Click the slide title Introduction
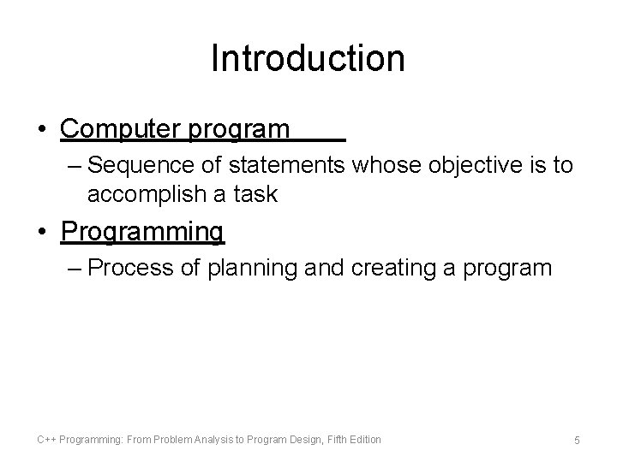[x=308, y=59]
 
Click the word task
[x=254, y=194]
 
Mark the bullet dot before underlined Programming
[x=42, y=232]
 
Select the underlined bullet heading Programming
[x=143, y=232]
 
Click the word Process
[x=134, y=268]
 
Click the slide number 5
[x=577, y=441]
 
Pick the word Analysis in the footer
[x=216, y=440]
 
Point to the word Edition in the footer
[x=365, y=440]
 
